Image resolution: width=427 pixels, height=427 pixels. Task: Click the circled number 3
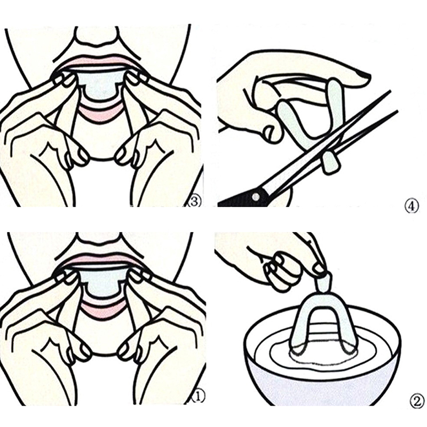[195, 202]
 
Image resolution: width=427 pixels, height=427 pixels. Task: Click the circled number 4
[412, 207]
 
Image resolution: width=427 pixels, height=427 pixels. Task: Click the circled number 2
[417, 401]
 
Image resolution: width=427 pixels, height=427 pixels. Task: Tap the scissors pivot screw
[255, 196]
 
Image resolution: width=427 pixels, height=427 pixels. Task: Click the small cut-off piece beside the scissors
[330, 163]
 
